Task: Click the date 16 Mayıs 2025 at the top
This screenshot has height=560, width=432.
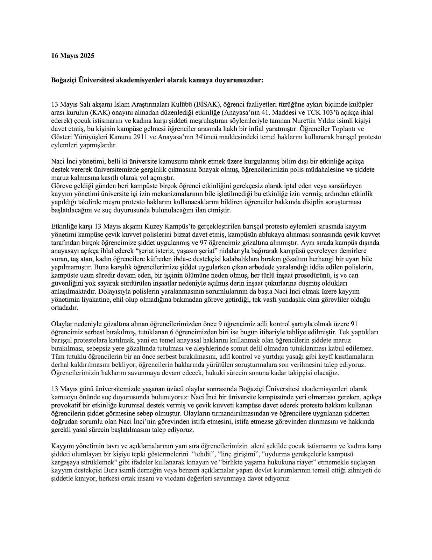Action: [73, 56]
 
